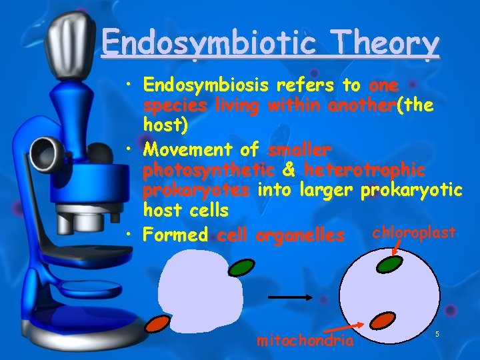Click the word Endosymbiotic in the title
point(213,45)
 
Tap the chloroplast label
point(413,233)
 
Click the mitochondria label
point(305,341)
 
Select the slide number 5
point(437,333)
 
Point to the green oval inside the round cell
point(389,265)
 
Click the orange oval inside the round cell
point(383,321)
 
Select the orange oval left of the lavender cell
point(158,324)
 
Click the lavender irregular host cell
point(197,293)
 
